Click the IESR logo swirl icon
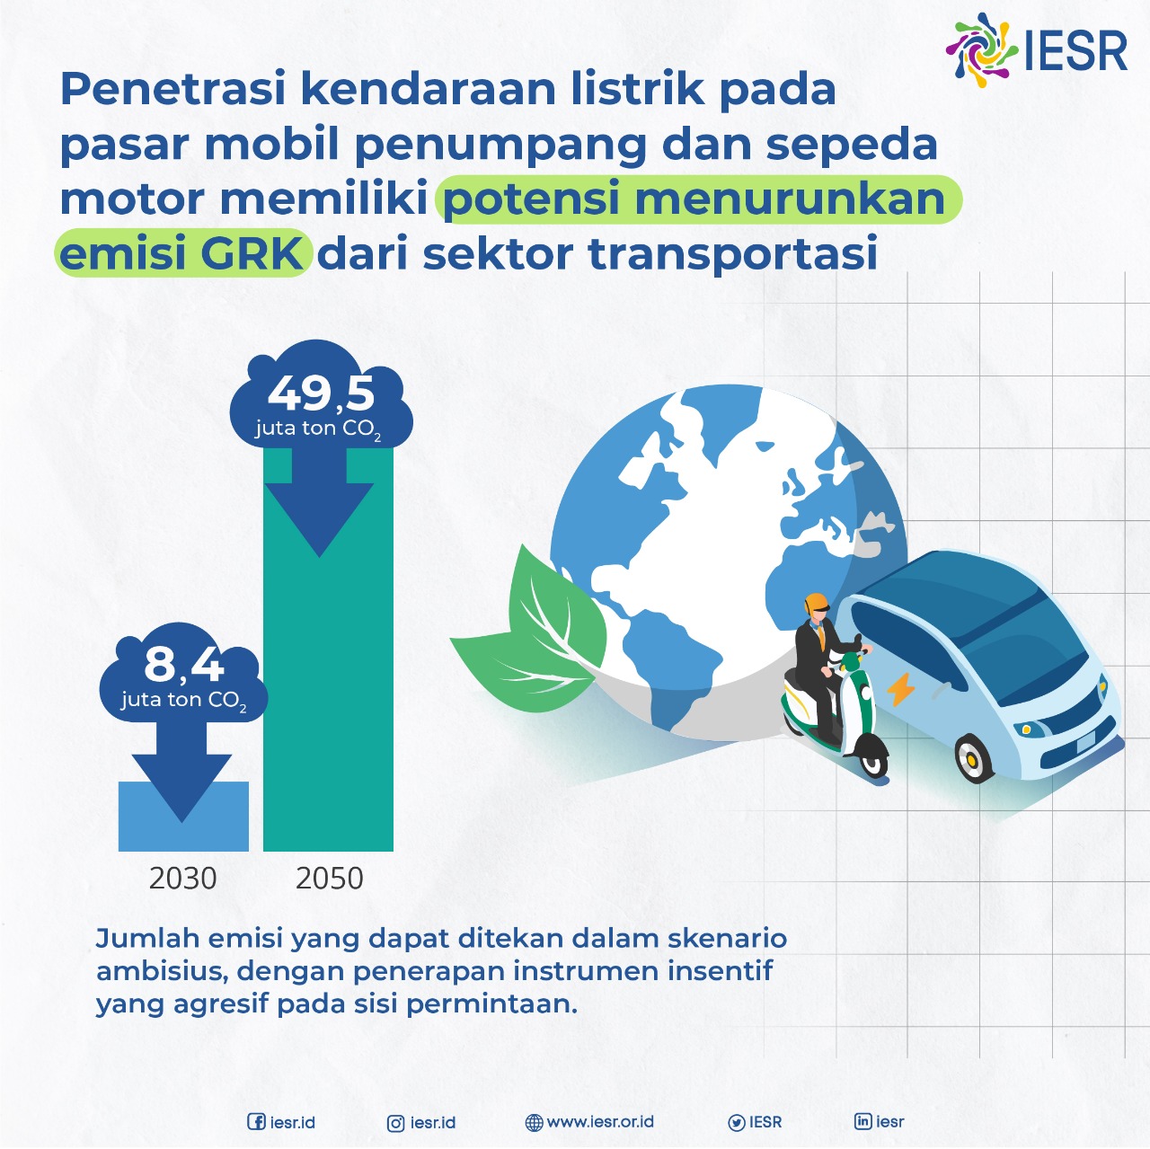click(x=981, y=50)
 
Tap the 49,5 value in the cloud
click(x=321, y=394)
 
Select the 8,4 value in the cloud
click(x=184, y=665)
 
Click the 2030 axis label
click(x=182, y=878)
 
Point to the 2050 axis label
click(x=330, y=878)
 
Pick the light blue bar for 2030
click(x=183, y=816)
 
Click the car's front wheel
click(x=973, y=757)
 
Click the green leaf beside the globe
click(x=534, y=632)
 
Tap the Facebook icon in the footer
click(x=256, y=1121)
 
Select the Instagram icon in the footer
click(x=395, y=1123)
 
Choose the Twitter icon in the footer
click(x=737, y=1123)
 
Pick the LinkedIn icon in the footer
click(x=862, y=1121)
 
